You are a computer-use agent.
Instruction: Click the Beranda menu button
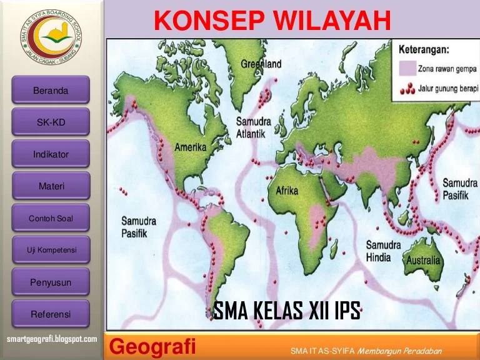51,91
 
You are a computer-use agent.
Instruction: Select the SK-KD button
51,122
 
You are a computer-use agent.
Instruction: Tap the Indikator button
51,154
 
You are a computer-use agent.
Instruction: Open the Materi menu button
51,186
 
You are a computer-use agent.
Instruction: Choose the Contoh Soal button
51,218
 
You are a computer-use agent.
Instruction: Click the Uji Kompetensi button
51,250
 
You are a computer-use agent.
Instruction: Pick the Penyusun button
51,282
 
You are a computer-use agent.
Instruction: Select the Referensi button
51,314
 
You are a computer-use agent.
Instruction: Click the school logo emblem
49,37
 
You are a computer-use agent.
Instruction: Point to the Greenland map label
261,64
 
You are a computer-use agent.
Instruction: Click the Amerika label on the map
190,148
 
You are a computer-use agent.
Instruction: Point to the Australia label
423,260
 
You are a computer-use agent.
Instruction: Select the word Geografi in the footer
153,346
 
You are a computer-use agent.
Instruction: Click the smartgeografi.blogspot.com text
51,339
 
